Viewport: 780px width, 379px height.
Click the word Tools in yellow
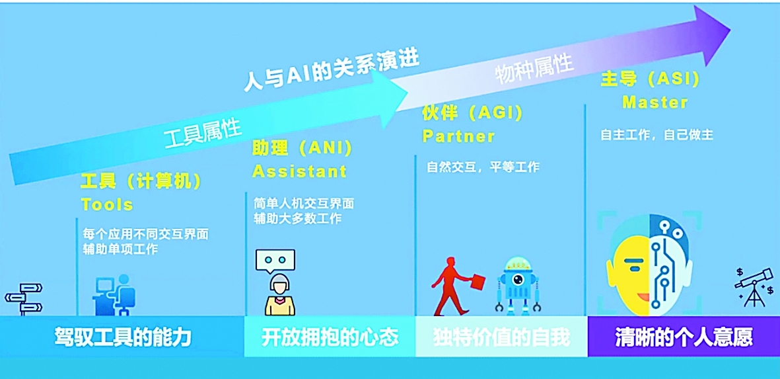[x=107, y=204]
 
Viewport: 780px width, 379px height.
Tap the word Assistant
[x=299, y=171]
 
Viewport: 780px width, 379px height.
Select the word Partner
[x=458, y=136]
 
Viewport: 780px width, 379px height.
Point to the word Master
[x=655, y=102]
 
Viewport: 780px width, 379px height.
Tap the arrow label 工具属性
[x=203, y=133]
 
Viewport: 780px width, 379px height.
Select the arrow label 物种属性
[x=534, y=69]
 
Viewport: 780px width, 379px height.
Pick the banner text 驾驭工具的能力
[x=123, y=338]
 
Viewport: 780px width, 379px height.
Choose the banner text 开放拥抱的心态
[x=330, y=338]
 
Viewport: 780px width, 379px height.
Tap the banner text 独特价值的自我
[x=501, y=338]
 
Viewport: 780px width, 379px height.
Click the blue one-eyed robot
[x=517, y=285]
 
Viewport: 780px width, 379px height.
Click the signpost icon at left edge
[x=24, y=299]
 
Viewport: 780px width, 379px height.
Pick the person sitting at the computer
[x=114, y=295]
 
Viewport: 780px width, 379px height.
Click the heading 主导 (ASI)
[x=650, y=79]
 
